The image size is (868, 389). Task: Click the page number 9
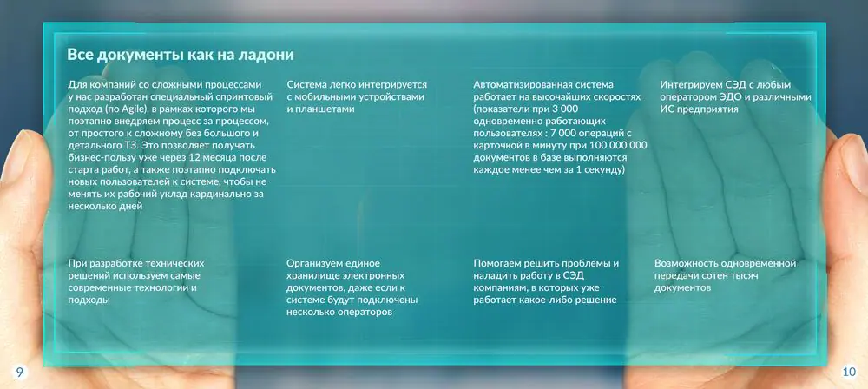click(x=19, y=373)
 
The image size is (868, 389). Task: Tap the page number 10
click(x=849, y=373)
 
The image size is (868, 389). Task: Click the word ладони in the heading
click(x=266, y=55)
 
